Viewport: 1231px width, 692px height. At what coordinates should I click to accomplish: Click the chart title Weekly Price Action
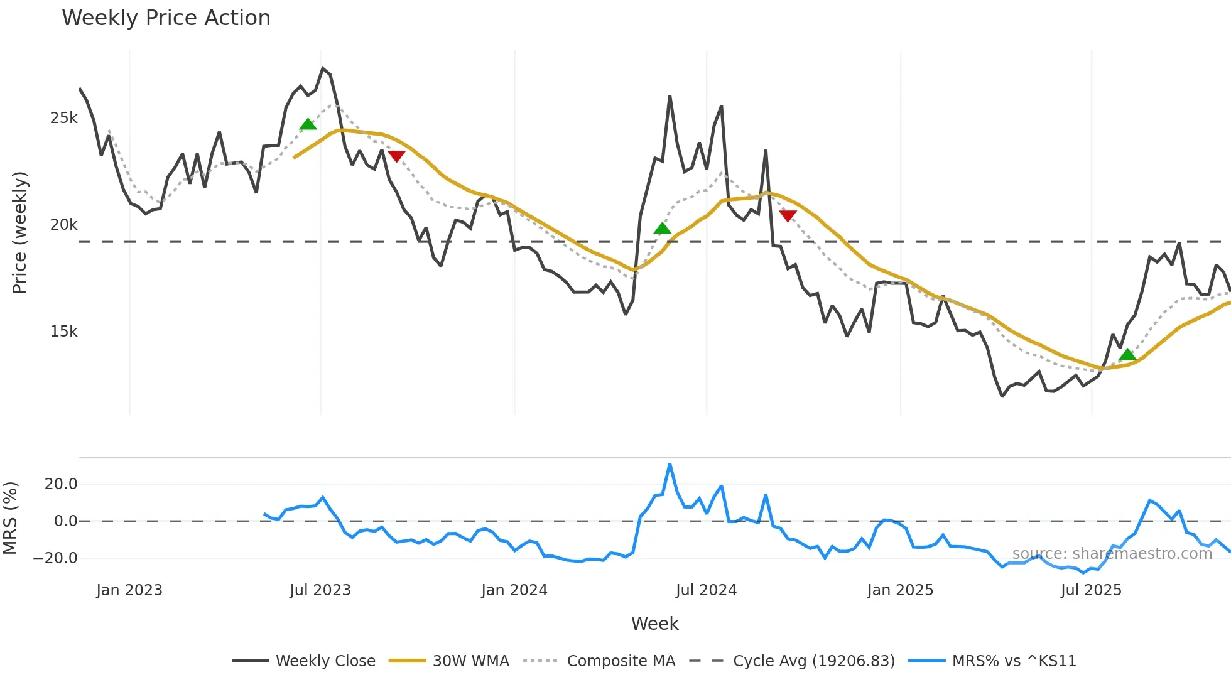166,18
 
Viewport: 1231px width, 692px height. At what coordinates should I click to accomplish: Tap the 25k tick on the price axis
63,118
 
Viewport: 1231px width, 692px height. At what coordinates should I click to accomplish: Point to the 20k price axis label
63,225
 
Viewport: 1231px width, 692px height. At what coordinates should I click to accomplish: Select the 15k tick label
63,332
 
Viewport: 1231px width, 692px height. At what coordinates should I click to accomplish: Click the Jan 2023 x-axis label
129,590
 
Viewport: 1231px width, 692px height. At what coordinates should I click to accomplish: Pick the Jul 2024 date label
706,590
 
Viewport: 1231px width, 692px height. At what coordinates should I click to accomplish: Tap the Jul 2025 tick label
1091,590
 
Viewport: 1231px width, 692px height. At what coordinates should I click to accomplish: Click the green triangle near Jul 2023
308,124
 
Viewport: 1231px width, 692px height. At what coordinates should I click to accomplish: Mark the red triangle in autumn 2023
396,156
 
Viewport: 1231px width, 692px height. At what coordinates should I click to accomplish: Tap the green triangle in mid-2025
1127,355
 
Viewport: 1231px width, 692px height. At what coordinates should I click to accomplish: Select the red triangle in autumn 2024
788,216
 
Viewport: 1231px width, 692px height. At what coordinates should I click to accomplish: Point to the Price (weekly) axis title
19,232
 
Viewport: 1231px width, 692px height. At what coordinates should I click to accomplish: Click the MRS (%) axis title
10,518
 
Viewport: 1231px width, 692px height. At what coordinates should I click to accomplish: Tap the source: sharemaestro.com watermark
1112,554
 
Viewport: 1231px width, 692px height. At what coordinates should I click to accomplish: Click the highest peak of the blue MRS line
670,465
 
